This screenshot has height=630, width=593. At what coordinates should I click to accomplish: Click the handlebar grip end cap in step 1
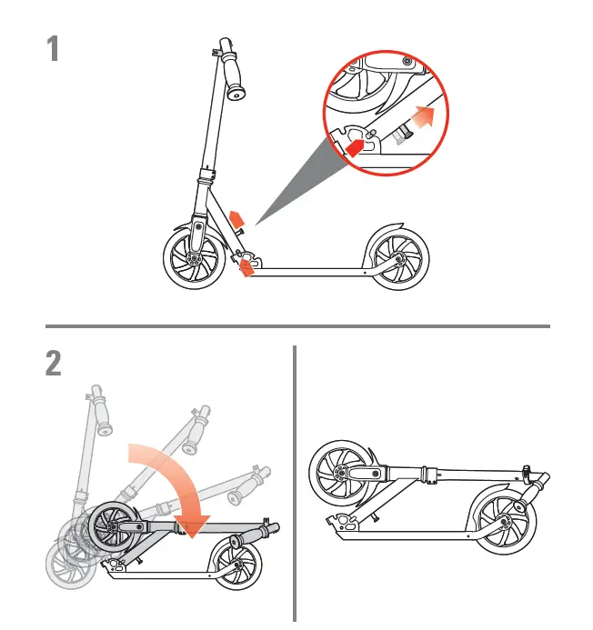(237, 93)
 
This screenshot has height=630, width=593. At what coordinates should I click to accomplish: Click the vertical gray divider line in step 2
(295, 482)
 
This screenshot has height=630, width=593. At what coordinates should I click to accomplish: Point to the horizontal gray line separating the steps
(296, 325)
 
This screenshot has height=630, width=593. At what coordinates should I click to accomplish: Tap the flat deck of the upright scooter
(309, 269)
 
